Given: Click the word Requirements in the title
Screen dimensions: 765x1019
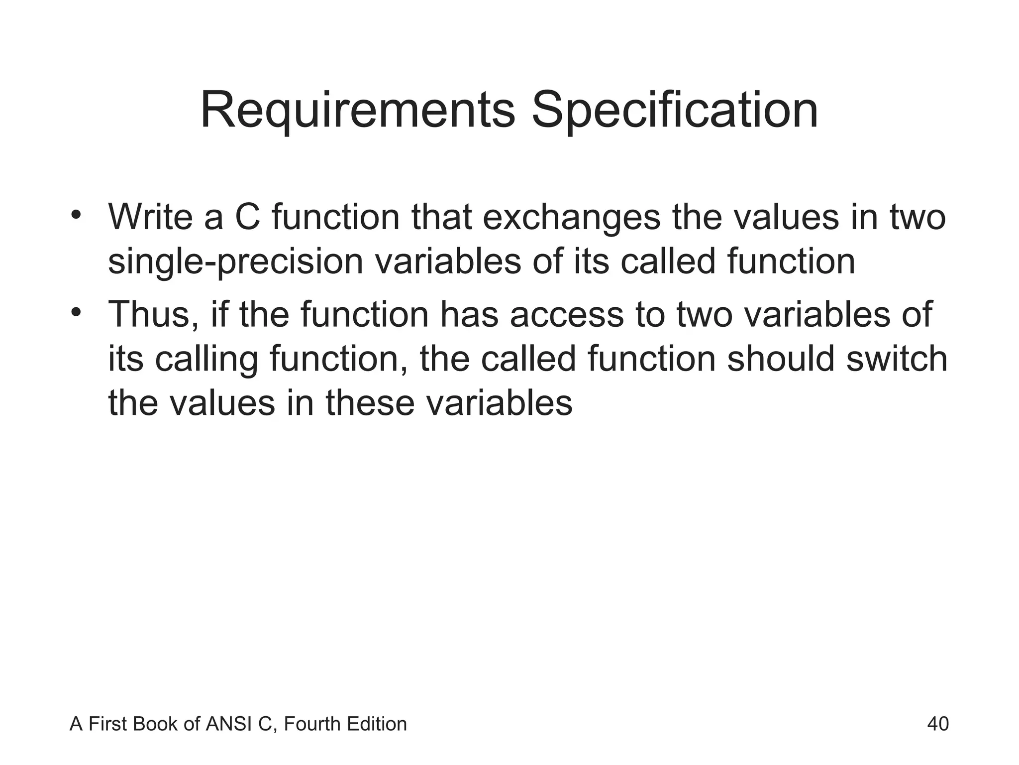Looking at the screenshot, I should coord(357,111).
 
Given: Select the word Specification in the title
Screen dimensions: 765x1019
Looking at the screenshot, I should coord(675,111).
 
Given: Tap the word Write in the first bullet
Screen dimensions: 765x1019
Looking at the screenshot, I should coord(151,217).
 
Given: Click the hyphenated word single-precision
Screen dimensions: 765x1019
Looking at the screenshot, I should coord(236,262).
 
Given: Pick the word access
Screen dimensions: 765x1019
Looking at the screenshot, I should coord(567,314).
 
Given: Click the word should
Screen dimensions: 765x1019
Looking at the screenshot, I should coord(780,359).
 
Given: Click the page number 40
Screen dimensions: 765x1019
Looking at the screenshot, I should coord(938,724).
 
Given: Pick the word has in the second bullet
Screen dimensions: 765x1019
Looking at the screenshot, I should coord(469,314).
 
